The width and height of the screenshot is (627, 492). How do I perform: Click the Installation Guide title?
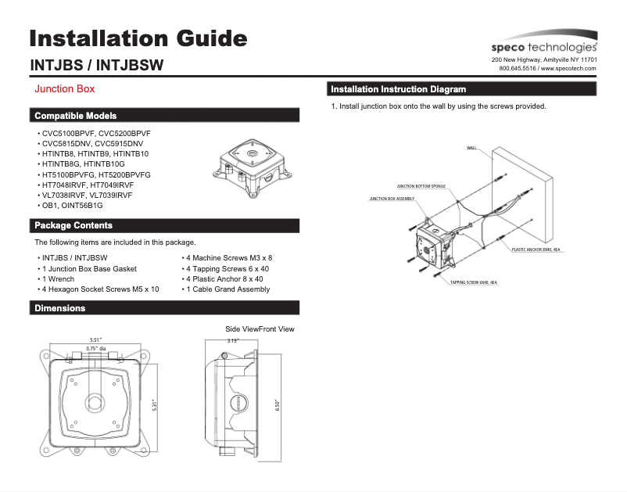coord(138,38)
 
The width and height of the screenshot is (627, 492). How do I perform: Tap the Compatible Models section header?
coord(76,116)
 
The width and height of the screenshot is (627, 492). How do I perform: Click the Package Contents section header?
coord(73,226)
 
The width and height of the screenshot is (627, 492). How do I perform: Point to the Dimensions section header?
coord(59,308)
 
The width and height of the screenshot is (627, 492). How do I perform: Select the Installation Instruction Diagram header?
coord(399,89)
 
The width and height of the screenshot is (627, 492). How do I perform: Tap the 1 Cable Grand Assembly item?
coord(228,289)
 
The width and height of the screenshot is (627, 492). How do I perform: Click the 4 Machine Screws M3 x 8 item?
coord(228,257)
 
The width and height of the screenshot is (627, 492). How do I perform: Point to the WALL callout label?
coord(471,148)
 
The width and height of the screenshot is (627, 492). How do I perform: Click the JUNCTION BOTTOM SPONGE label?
coord(421,187)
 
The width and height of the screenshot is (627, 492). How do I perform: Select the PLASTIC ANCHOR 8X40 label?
coord(536,250)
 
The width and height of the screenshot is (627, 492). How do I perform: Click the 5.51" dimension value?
coord(97,339)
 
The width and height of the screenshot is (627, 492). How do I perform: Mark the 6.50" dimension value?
coord(277,404)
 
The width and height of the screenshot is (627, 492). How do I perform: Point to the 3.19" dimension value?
coord(232,341)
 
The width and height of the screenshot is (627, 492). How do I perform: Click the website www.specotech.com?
coord(568,69)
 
